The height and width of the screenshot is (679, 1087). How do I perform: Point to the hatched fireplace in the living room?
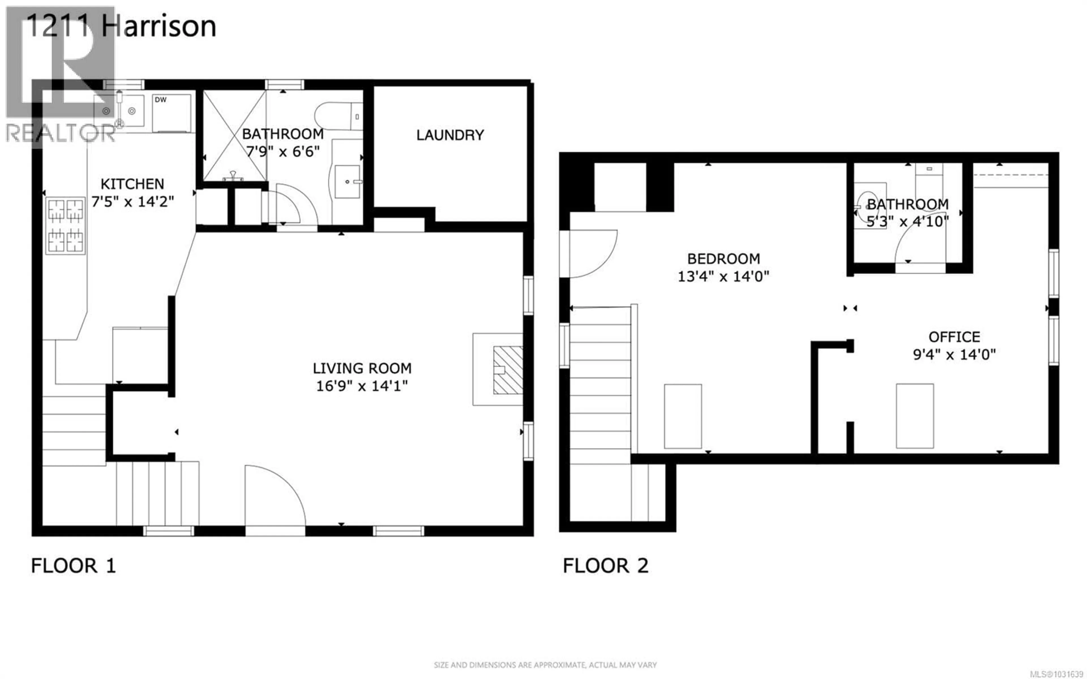[508, 370]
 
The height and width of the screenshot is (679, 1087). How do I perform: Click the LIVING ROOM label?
[362, 369]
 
